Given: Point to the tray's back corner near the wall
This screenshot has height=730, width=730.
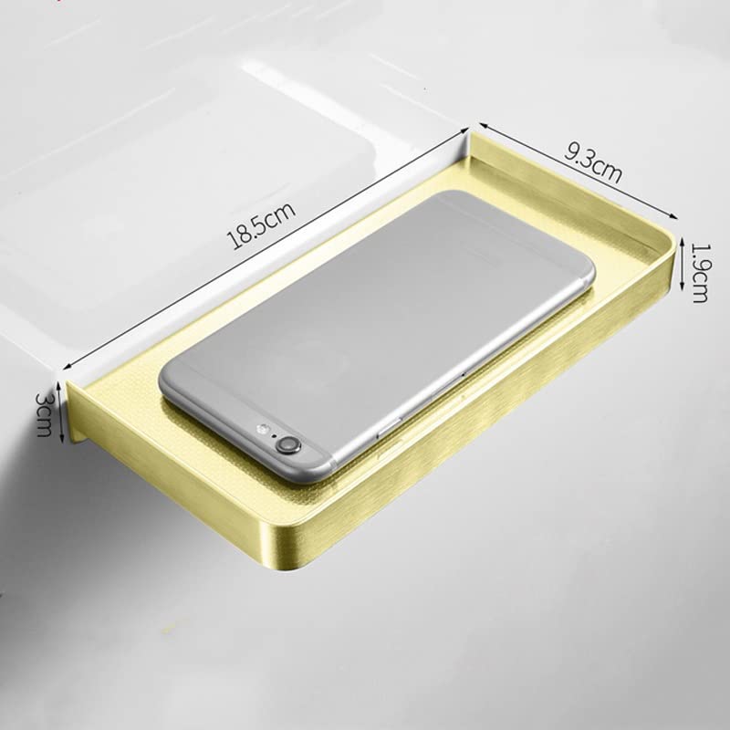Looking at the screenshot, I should tap(470, 133).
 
